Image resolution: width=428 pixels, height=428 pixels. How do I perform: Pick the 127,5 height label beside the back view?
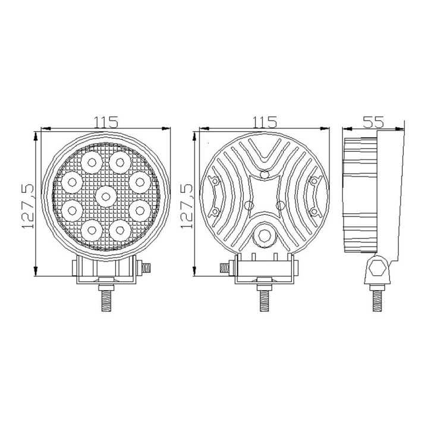[x=186, y=205]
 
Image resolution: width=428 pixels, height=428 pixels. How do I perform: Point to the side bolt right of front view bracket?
[x=146, y=268]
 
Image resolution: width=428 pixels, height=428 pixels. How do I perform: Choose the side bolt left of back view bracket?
[x=225, y=268]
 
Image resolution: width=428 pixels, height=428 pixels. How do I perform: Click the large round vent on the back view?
[x=264, y=236]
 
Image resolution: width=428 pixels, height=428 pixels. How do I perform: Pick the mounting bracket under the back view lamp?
[x=264, y=272]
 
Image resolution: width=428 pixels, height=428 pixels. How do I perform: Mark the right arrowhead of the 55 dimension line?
[x=401, y=128]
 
